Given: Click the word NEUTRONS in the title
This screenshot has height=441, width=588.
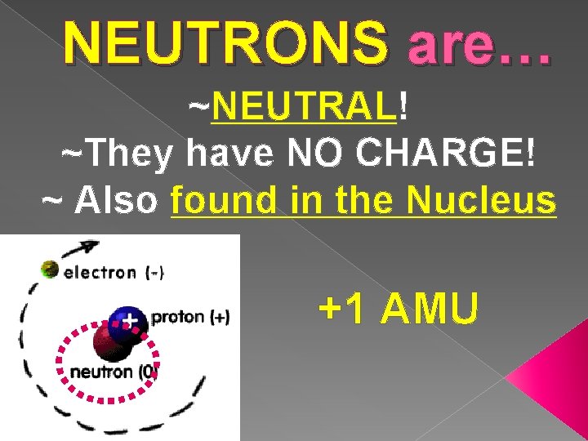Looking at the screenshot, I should coord(225,42).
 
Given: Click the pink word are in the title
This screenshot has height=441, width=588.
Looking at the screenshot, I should coord(448,43).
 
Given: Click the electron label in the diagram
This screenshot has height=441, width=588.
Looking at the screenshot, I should coord(100,273).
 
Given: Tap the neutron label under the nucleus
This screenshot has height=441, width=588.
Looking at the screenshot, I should coord(103,372).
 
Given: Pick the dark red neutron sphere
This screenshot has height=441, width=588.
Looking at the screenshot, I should coord(113,342).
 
